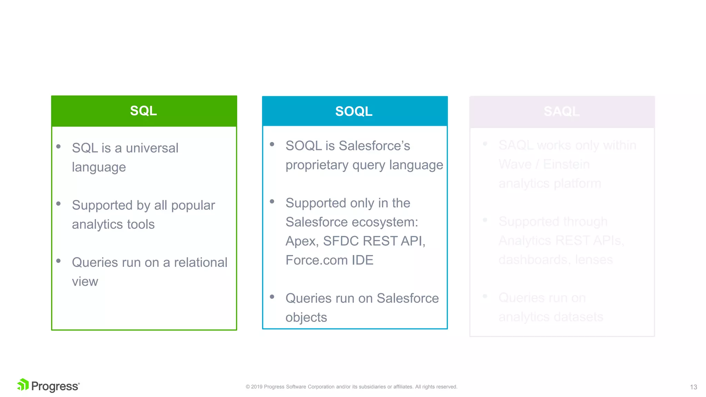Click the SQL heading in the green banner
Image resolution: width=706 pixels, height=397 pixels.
click(x=143, y=111)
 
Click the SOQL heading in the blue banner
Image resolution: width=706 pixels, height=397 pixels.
click(x=354, y=111)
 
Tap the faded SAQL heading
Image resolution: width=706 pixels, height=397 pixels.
click(x=562, y=111)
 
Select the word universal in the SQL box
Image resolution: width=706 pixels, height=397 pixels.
click(x=152, y=148)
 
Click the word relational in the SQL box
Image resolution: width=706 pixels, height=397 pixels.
click(x=201, y=263)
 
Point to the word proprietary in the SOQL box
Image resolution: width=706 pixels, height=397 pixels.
click(x=317, y=165)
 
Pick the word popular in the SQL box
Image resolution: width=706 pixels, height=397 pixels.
click(x=193, y=205)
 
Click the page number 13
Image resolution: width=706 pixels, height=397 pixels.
click(x=693, y=387)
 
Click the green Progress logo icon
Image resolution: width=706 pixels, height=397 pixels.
click(x=23, y=385)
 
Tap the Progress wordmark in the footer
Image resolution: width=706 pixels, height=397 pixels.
click(x=55, y=386)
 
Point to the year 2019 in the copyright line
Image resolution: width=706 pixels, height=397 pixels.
click(x=257, y=387)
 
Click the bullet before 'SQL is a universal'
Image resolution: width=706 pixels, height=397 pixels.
click(x=59, y=146)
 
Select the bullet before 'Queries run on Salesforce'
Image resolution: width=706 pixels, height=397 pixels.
click(x=272, y=296)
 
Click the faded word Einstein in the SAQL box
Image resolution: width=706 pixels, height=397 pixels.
click(x=566, y=164)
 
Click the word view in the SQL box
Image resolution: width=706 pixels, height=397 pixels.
click(x=85, y=282)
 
